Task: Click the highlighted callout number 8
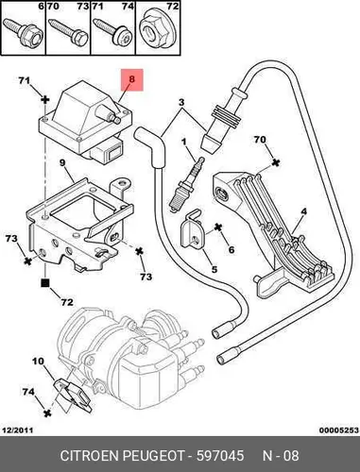click(x=131, y=79)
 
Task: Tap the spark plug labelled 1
click(x=187, y=184)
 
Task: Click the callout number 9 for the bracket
click(x=62, y=162)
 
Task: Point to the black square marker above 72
click(x=45, y=283)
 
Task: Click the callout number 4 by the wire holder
click(x=303, y=211)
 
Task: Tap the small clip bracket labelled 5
click(x=191, y=228)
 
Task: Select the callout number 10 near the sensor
click(x=38, y=362)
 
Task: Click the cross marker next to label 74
click(x=47, y=413)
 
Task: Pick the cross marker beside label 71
click(x=45, y=100)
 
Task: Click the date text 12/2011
click(x=18, y=430)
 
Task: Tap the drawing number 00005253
click(x=339, y=430)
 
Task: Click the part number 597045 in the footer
click(x=220, y=456)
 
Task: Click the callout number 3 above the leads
click(x=181, y=102)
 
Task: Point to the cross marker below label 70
click(x=276, y=162)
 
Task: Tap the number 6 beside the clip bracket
click(x=231, y=249)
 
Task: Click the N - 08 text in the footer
click(x=281, y=456)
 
